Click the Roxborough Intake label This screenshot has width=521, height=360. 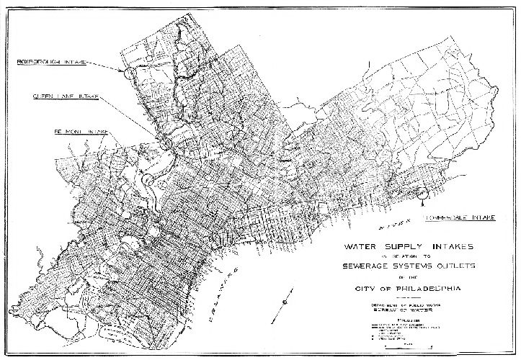click(51, 63)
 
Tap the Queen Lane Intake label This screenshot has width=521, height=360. click(66, 96)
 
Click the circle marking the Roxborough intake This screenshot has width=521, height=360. click(128, 73)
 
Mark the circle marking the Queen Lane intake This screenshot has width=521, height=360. click(166, 143)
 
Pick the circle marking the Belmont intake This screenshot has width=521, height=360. click(147, 177)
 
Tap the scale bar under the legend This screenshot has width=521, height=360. click(408, 351)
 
